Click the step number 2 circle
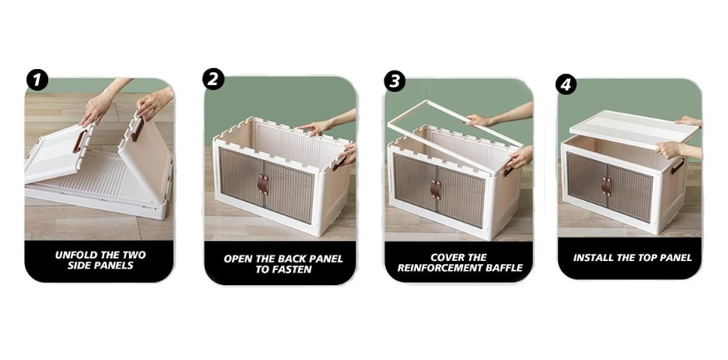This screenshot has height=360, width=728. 213,79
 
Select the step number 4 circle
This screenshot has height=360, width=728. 566,84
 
